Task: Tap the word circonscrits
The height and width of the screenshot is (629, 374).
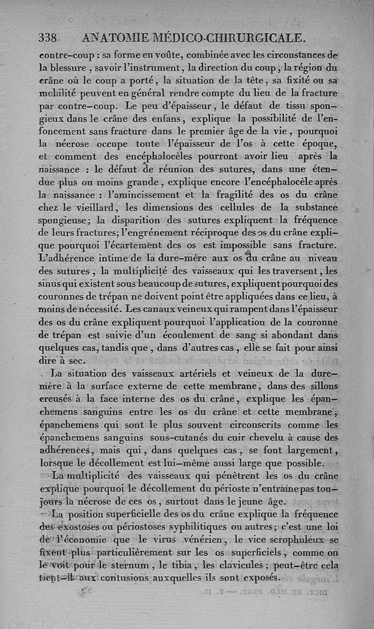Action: (x=259, y=425)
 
